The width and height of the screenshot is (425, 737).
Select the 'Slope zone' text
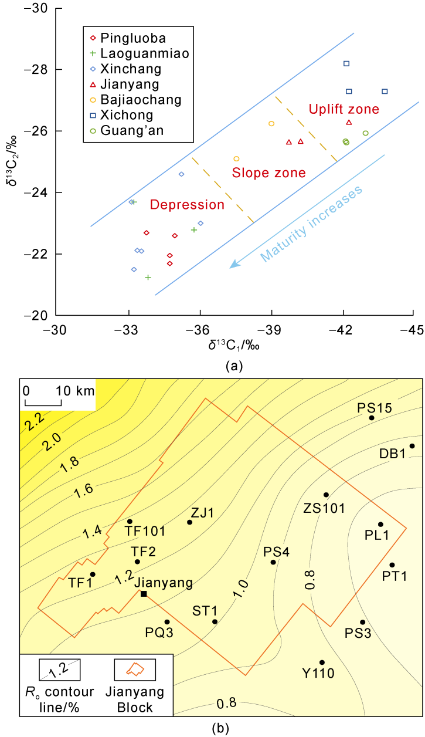tap(269, 173)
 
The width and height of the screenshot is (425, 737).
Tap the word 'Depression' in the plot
tap(187, 205)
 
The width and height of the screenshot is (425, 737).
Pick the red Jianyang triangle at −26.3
tap(349, 122)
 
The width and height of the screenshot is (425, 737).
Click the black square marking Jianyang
tap(144, 594)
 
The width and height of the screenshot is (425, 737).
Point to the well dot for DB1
tap(412, 446)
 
